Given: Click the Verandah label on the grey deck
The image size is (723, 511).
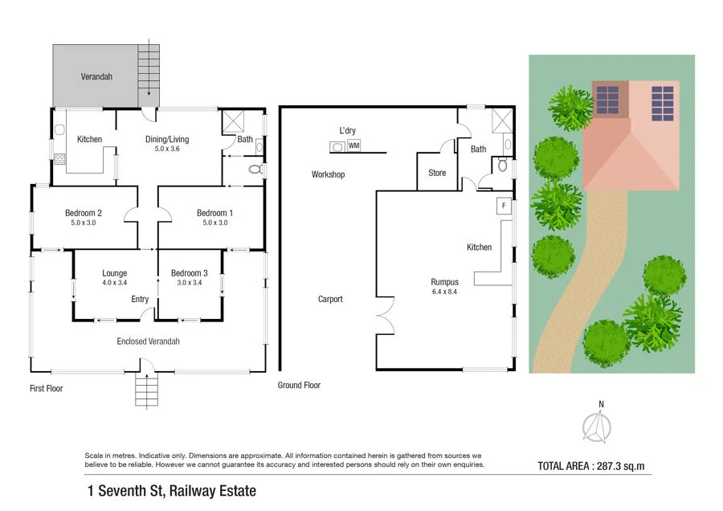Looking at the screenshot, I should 96,78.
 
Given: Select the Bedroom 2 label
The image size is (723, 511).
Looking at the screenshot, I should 84,213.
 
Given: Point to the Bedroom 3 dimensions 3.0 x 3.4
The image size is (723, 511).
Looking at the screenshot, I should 189,283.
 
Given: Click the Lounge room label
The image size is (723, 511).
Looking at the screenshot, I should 115,273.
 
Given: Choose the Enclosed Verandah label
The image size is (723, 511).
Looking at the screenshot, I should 148,341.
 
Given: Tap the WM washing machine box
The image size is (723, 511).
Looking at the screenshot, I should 353,145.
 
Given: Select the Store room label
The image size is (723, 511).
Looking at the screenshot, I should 437,173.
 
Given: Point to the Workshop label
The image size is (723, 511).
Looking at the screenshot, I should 328,174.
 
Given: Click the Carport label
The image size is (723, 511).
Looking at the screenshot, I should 330,299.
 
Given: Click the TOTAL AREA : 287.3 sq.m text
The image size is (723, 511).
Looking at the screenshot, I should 591,465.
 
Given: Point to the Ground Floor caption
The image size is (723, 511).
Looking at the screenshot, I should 299,386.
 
